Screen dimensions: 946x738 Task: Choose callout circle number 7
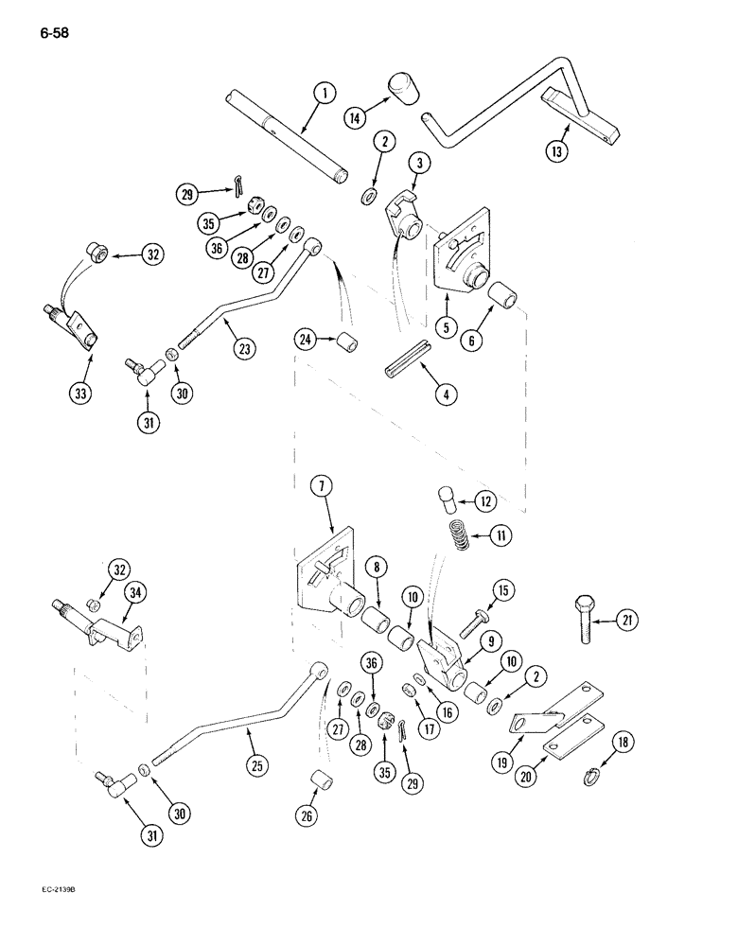[324, 490]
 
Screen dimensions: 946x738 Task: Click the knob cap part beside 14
[402, 92]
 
